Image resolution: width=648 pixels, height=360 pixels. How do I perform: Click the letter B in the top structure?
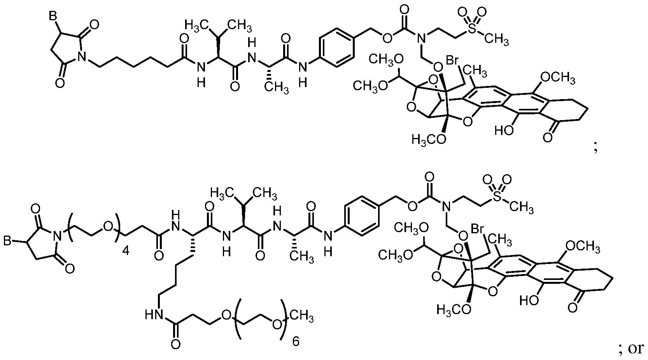[x=53, y=16]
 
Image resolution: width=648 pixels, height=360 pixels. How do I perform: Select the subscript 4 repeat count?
[x=126, y=251]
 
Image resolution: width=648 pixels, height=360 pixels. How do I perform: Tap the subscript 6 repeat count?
[x=296, y=341]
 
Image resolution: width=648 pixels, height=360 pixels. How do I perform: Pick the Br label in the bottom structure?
[x=478, y=229]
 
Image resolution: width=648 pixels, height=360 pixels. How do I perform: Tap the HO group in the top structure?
[x=504, y=131]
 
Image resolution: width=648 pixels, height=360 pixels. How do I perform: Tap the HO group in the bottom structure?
[x=529, y=301]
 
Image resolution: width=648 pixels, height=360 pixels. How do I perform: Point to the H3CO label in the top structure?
[x=429, y=140]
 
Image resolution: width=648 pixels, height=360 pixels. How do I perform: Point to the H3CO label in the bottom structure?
[x=454, y=309]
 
